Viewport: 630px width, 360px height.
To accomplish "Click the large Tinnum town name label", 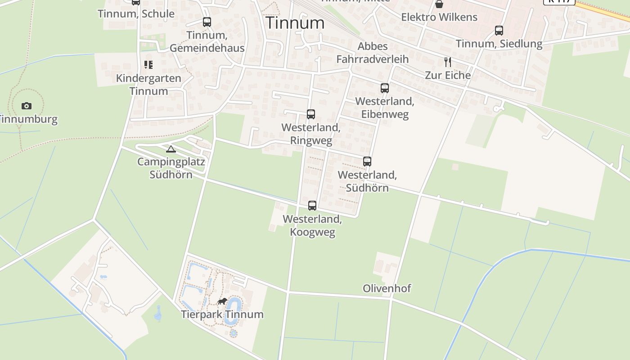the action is tap(295, 23).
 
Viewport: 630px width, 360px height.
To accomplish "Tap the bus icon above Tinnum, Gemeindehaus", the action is tap(207, 22).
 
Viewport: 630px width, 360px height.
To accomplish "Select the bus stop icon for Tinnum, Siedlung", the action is tap(499, 31).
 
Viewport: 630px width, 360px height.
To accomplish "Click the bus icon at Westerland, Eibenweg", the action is tap(385, 88).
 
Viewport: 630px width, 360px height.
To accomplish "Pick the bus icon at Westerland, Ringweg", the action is tap(311, 114).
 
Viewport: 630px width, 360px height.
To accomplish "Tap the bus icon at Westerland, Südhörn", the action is tap(367, 162).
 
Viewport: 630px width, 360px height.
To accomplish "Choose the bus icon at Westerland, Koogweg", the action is tap(312, 206).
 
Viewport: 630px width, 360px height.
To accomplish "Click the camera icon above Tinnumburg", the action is tap(27, 106).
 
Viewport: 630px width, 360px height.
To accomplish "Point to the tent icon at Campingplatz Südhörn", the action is tap(171, 149).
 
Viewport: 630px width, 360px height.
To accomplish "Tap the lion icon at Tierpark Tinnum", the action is tap(222, 301).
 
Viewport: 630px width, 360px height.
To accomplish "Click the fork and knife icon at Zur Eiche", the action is tap(448, 62).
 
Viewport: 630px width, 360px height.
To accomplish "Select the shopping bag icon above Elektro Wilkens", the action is tap(439, 4).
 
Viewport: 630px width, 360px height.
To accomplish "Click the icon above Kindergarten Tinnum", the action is tap(148, 65).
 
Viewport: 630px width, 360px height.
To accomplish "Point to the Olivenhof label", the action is tap(387, 288).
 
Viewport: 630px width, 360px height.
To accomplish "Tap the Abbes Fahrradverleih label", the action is tap(373, 53).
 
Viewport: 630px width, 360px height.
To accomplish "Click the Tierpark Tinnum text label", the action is tap(222, 314).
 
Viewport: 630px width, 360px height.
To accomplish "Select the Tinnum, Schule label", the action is tap(136, 14).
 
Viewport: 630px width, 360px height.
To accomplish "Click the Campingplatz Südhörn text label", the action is tap(171, 168).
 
